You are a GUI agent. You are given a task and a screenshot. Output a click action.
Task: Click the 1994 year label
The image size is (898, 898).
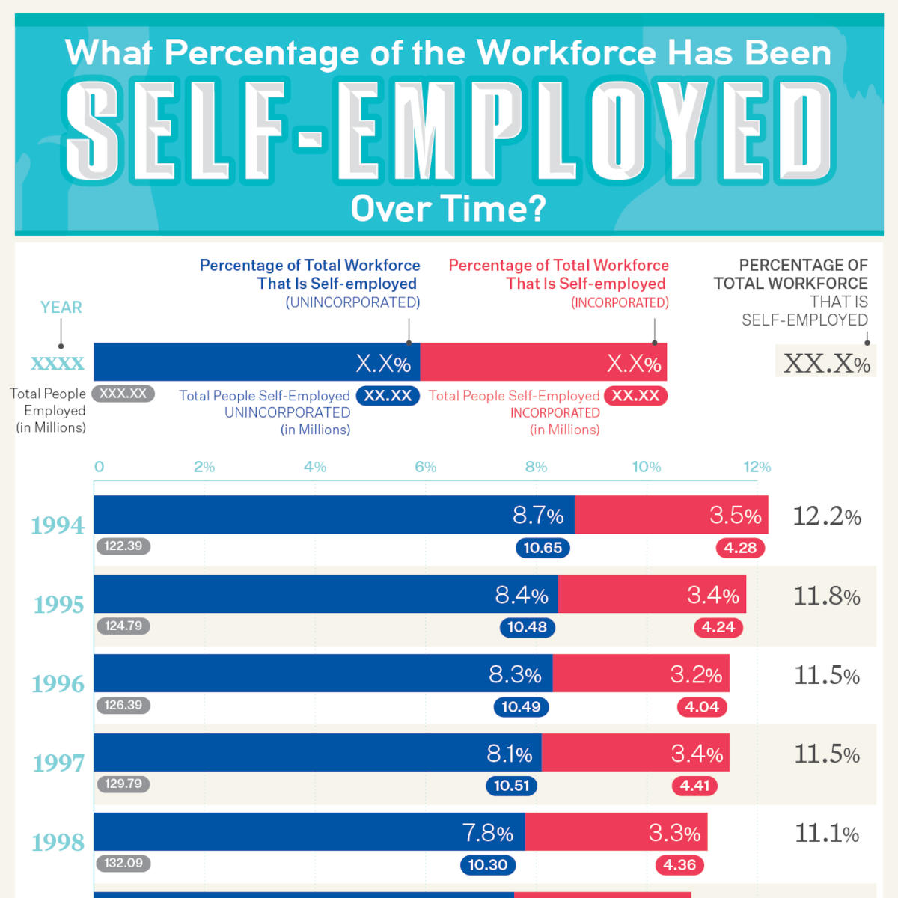pos(58,525)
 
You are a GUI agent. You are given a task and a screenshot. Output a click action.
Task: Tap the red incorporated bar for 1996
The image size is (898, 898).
pos(641,673)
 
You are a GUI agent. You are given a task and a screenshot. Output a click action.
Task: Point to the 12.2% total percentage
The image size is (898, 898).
pos(826,516)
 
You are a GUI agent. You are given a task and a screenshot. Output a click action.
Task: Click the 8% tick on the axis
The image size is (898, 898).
pos(536,467)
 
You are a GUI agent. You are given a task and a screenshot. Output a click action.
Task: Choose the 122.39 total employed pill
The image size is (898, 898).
pos(123,546)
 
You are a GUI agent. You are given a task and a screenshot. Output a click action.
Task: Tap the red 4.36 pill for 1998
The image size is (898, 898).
pos(679,865)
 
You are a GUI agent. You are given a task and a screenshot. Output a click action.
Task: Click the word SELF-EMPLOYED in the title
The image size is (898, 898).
pos(449,132)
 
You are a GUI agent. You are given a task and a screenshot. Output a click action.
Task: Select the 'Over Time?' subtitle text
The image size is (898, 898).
pos(448,209)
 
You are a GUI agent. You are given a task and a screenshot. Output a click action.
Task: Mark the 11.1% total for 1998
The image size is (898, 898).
pos(826,833)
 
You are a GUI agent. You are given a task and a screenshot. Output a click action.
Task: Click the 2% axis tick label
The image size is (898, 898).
pos(204,467)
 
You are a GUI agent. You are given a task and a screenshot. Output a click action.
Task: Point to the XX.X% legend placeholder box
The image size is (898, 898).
pos(826,363)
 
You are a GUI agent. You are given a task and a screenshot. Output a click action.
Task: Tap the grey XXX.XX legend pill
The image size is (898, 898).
pos(123,394)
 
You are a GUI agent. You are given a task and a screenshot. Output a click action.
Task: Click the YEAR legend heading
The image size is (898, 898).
pos(61,308)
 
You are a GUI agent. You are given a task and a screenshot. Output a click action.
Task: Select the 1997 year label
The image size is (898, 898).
pos(58,763)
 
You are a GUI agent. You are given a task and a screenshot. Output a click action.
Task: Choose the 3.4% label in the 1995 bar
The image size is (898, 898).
pos(712,596)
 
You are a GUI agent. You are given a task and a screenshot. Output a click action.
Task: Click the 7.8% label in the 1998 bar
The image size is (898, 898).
pos(487,833)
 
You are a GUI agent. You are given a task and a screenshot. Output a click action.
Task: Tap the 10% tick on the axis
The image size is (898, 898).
pos(646,467)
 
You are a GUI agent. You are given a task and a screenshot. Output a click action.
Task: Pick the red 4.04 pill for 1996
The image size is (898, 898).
pos(702,707)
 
